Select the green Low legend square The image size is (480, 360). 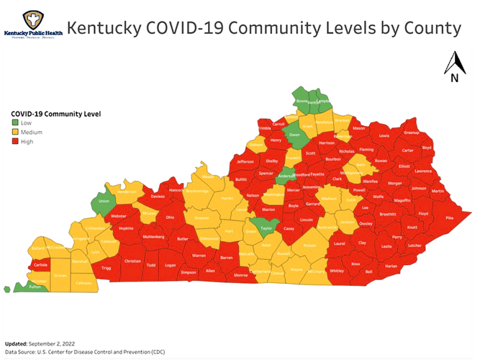tap(14, 123)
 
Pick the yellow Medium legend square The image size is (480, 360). tap(14, 132)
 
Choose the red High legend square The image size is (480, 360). tap(14, 142)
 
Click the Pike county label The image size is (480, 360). tap(450, 217)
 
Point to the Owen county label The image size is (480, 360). tap(294, 135)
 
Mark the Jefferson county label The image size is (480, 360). tap(245, 162)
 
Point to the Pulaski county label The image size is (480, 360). tap(309, 246)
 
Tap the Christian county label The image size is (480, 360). tap(132, 261)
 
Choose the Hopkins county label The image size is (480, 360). tap(126, 228)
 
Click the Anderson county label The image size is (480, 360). tap(286, 174)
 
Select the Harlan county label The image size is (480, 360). tap(411, 266)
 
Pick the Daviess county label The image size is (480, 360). tap(158, 195)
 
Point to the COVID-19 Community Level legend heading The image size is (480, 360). tap(55, 114)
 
